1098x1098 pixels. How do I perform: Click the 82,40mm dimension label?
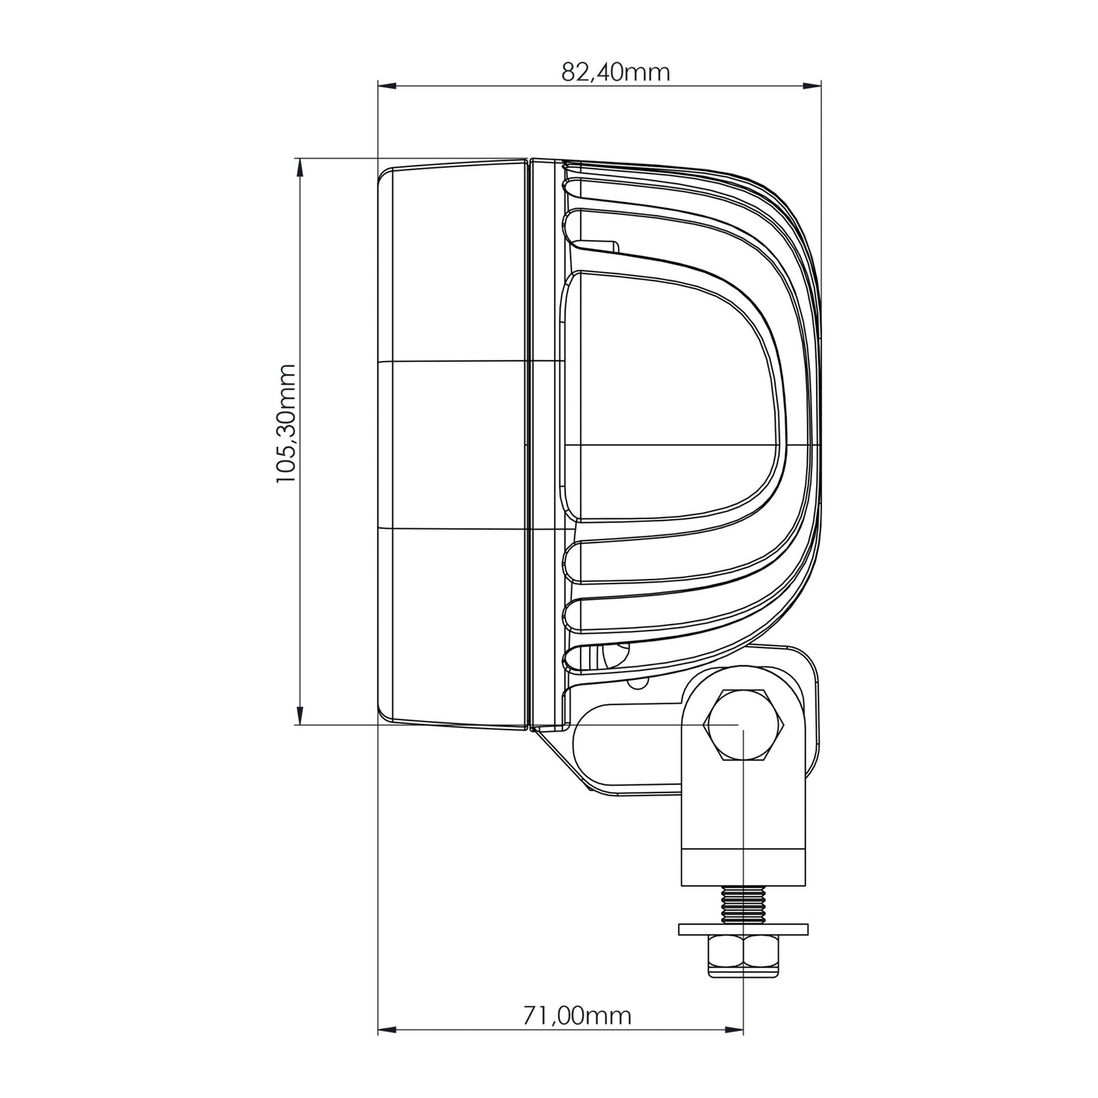pyautogui.click(x=615, y=72)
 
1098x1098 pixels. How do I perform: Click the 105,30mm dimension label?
pyautogui.click(x=286, y=424)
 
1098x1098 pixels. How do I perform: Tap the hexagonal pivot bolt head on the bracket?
pyautogui.click(x=744, y=725)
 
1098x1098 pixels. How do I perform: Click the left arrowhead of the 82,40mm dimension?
pyautogui.click(x=387, y=85)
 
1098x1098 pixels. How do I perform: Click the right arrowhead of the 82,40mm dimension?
pyautogui.click(x=812, y=85)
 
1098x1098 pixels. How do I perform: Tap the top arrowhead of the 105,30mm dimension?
pyautogui.click(x=298, y=167)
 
